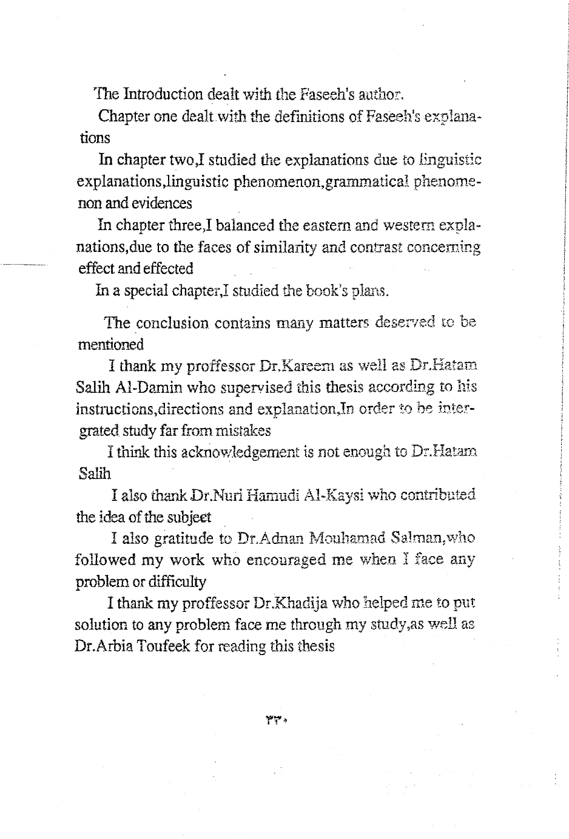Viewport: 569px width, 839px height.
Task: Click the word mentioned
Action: pyautogui.click(x=111, y=344)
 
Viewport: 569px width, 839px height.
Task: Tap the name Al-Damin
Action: pyautogui.click(x=146, y=387)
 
